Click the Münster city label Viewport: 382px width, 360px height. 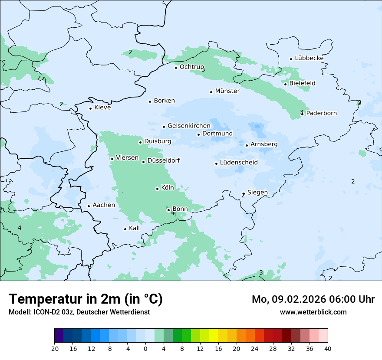point(227,91)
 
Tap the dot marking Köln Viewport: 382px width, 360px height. point(157,189)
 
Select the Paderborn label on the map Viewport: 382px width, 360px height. point(321,113)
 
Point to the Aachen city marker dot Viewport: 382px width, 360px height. point(89,206)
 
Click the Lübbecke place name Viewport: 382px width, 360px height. point(309,58)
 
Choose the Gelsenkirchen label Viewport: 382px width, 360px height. point(189,126)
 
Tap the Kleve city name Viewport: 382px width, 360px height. point(102,108)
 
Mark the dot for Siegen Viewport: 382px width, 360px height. point(244,193)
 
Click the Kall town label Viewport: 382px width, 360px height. point(134,228)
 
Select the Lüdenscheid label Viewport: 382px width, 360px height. point(239,163)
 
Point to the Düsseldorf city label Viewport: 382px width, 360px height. point(163,160)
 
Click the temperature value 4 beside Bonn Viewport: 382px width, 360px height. point(173,213)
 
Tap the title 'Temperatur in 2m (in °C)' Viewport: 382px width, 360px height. point(86,299)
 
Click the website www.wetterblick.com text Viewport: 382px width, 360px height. point(313,312)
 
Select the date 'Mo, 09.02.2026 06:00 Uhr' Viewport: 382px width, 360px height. point(313,299)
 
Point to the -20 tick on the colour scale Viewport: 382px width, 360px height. point(54,349)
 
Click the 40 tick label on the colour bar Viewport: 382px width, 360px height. point(328,349)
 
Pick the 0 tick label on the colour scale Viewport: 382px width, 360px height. point(145,349)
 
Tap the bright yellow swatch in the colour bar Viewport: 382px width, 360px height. point(214,336)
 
